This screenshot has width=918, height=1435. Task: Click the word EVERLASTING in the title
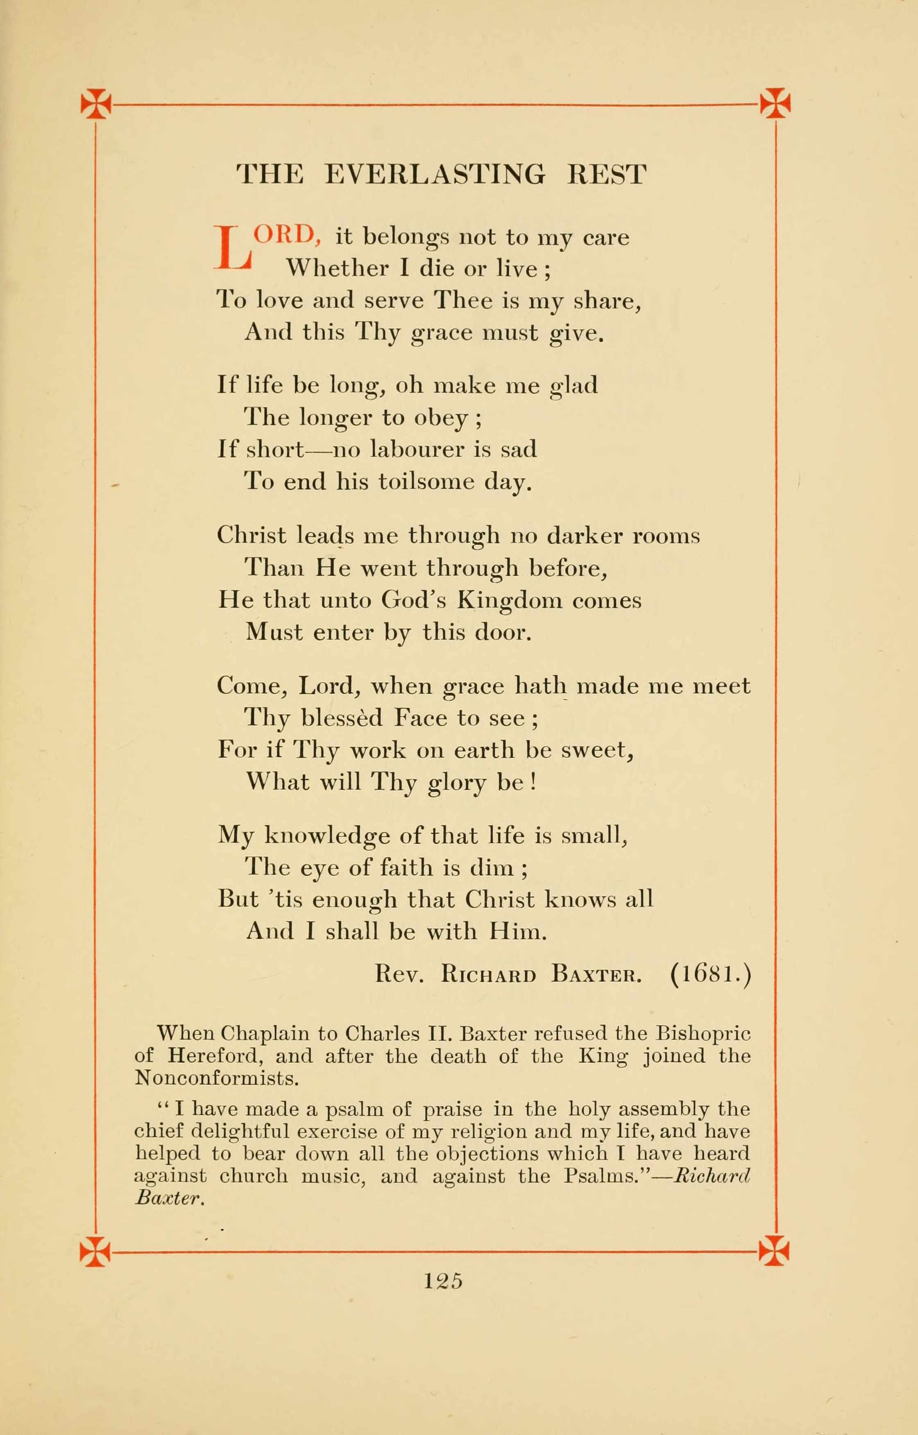click(435, 174)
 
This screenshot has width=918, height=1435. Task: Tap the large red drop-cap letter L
click(233, 247)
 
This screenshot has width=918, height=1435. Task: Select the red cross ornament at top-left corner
click(96, 103)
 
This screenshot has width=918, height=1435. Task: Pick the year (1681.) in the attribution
click(711, 974)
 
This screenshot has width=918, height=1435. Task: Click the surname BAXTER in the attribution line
click(596, 974)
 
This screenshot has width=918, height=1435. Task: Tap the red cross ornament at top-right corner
click(775, 103)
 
